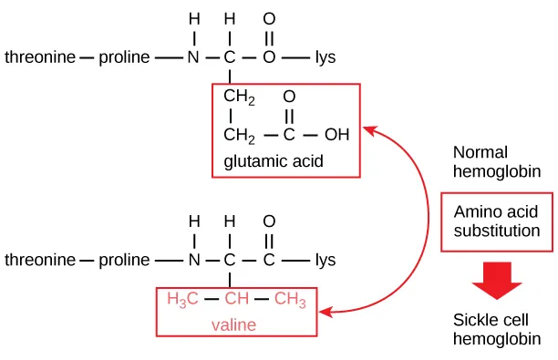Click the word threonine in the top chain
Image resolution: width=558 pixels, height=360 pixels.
point(40,58)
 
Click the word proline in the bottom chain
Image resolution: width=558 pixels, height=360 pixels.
point(125,58)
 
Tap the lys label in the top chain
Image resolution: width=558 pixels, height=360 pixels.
point(325,58)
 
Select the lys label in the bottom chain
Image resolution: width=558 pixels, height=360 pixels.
point(325,260)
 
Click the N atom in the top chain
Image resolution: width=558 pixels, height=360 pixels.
point(192,58)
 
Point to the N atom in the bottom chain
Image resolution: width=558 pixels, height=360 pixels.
point(192,260)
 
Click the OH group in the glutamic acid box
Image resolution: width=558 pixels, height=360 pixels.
point(336,136)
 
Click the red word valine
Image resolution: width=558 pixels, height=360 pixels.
point(234,324)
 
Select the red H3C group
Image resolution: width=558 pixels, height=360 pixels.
point(182,299)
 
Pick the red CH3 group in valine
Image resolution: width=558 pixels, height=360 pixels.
point(290,299)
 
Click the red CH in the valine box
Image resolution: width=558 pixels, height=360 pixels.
point(236,299)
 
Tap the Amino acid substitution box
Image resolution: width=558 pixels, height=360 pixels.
point(496,221)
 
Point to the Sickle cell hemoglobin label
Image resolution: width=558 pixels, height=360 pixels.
point(495,329)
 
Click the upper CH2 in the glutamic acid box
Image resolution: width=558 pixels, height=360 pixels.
point(239,98)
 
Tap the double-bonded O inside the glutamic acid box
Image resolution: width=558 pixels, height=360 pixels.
point(289,97)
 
